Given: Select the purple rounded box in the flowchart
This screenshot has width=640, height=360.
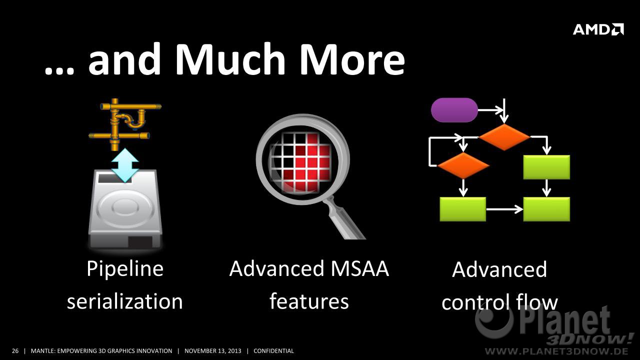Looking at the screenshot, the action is pos(454,110).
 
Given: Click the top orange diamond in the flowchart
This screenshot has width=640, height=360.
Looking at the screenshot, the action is pos(504,137).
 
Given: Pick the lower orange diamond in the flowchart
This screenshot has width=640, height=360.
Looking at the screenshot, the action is pos(463,165).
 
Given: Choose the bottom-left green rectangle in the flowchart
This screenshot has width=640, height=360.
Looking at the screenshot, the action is pos(463,209).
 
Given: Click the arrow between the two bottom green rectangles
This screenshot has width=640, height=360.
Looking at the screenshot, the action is pos(504,209).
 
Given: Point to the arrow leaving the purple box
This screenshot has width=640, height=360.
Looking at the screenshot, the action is pos(490,110).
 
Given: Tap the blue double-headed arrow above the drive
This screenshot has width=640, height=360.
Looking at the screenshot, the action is pos(125,165).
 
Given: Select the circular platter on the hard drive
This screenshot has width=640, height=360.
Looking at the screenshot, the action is pos(124,207).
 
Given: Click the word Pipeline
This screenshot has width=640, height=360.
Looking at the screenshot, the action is pos(125,269).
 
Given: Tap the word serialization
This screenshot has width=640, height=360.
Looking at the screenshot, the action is pos(125,301).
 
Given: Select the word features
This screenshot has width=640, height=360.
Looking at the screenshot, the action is pos(309,301).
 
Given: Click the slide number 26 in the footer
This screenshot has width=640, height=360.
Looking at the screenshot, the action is pos(15,351).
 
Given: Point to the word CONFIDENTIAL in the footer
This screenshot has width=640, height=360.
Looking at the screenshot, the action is pos(273,351).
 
